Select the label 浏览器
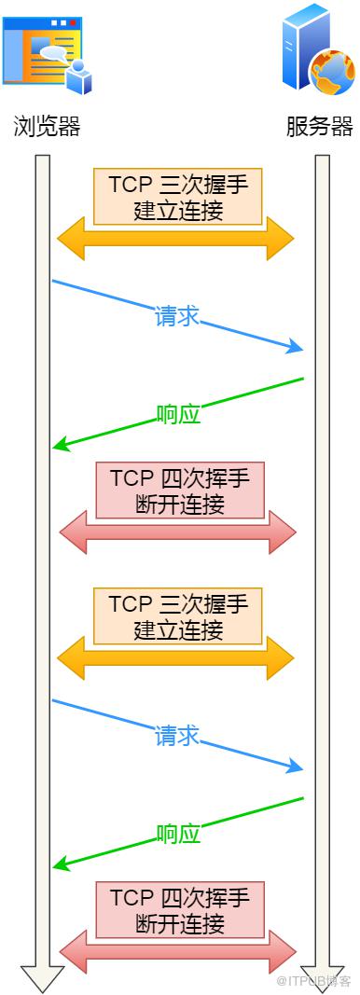point(47,126)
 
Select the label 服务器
point(319,126)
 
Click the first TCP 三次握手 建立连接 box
point(178,196)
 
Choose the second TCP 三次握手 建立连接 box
point(178,615)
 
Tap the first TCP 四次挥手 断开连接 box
point(180,490)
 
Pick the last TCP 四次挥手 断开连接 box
point(180,909)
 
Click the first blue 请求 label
point(177,316)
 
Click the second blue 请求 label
point(177,736)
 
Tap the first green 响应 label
point(178,414)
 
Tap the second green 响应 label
point(178,833)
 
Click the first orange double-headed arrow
point(176,239)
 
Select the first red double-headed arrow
point(178,532)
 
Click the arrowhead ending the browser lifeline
point(43,980)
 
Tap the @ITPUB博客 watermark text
point(312,981)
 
